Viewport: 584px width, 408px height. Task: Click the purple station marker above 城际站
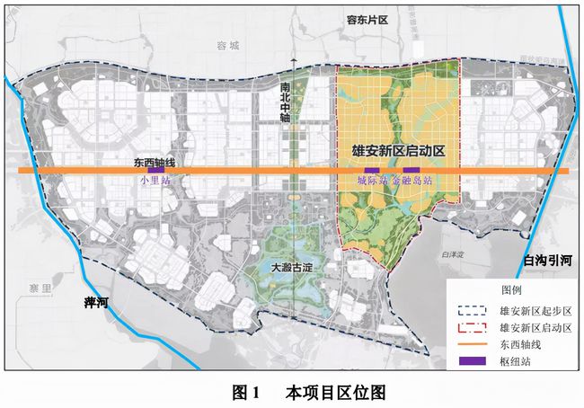pyautogui.click(x=369, y=171)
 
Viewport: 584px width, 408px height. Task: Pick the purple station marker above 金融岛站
pyautogui.click(x=411, y=171)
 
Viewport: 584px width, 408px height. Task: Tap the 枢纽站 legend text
pyautogui.click(x=512, y=361)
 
